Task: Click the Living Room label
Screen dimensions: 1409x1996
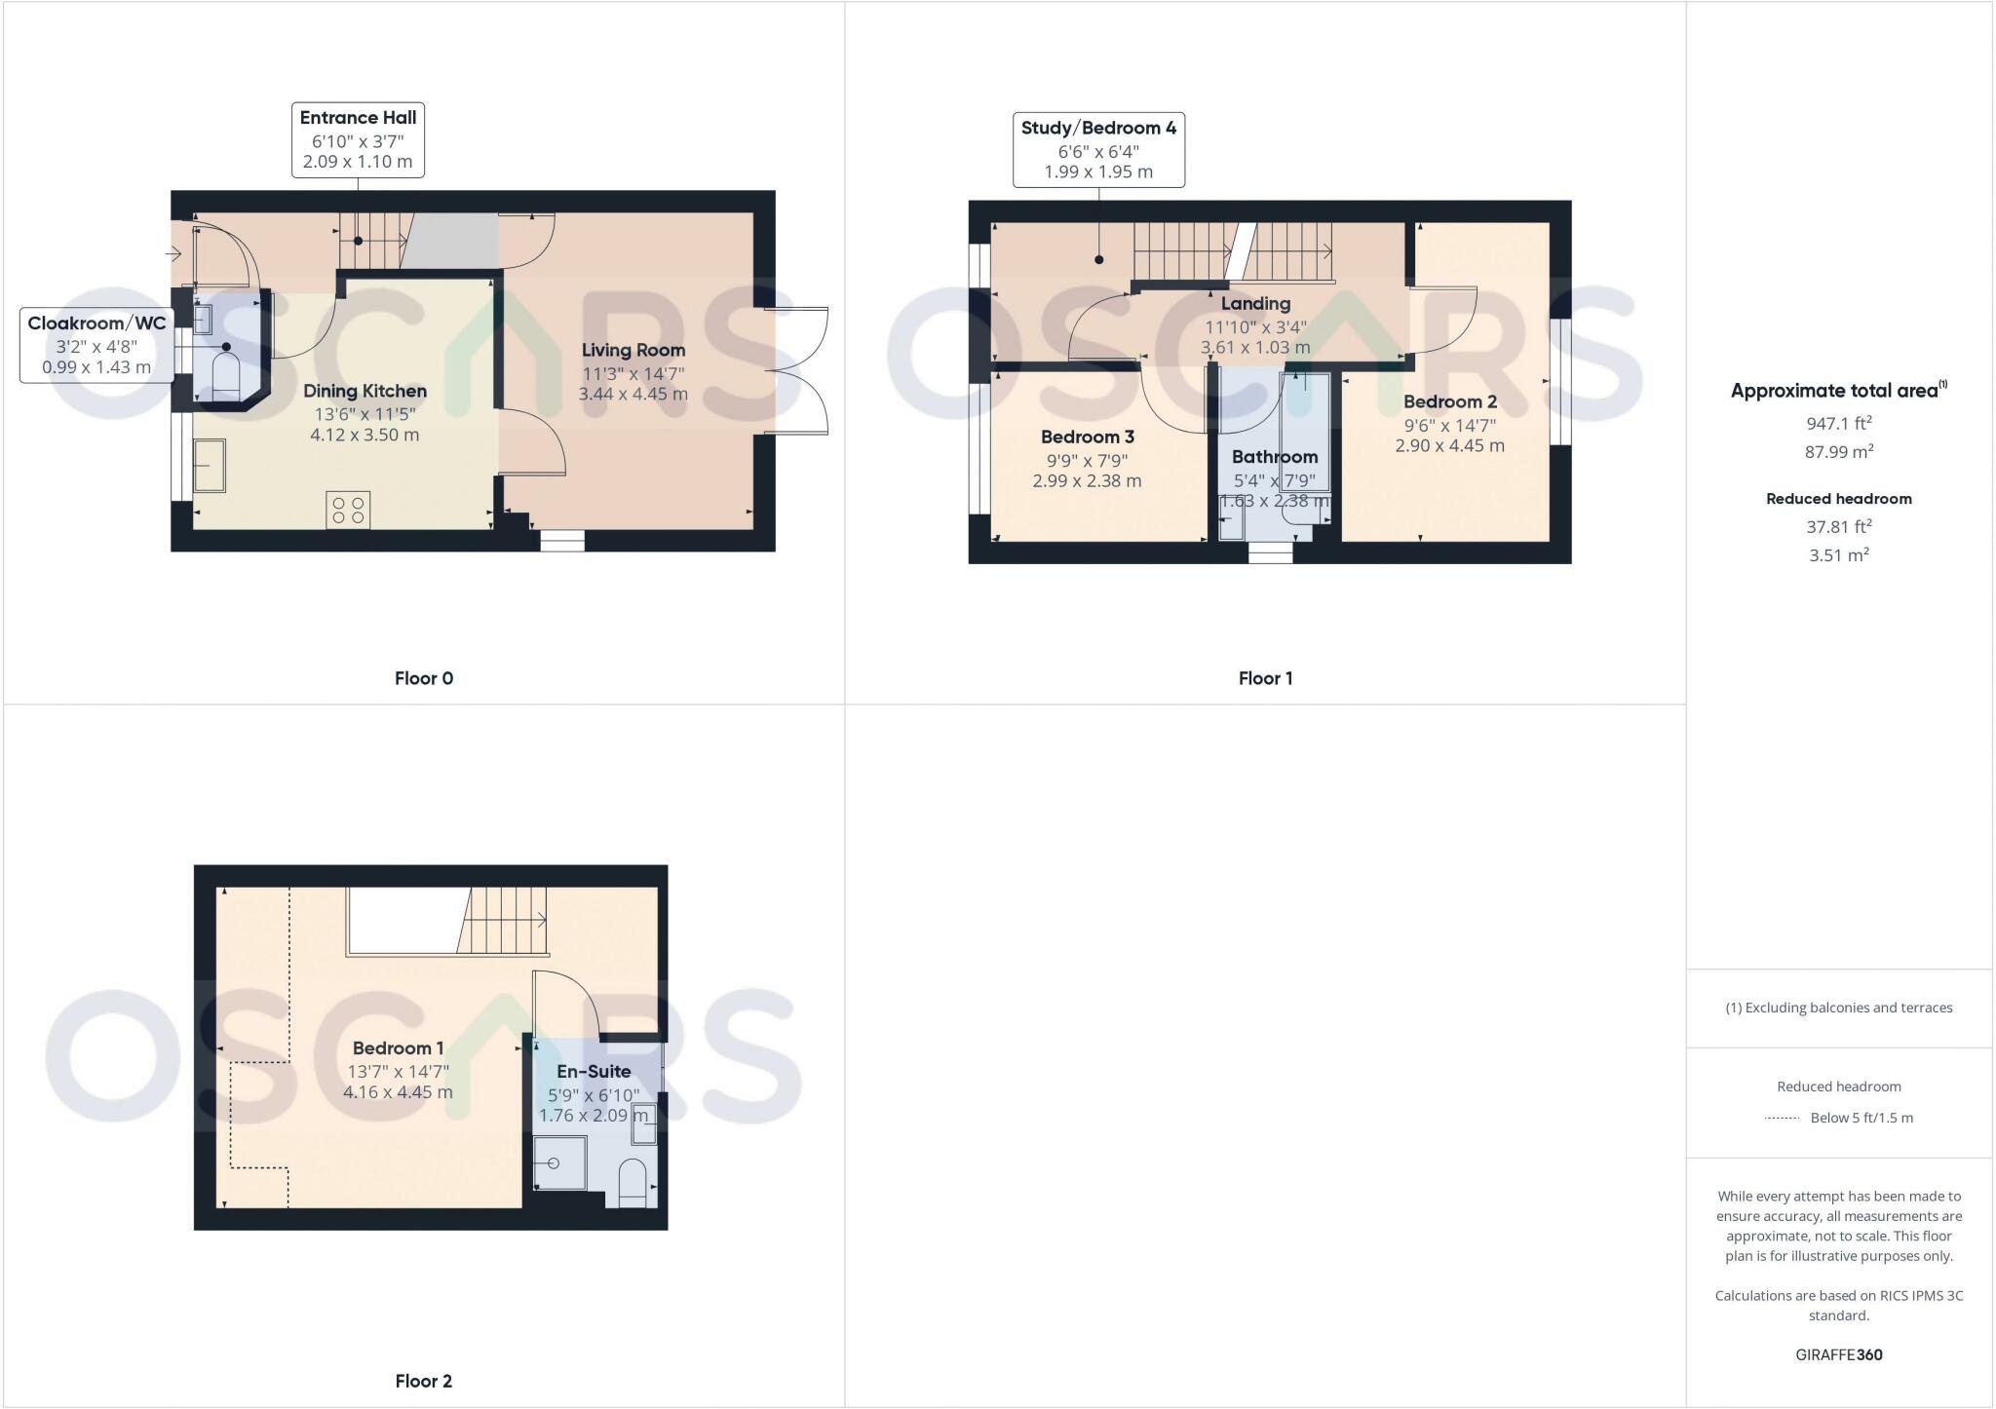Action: tap(633, 351)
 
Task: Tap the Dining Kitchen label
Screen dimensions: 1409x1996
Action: tap(365, 392)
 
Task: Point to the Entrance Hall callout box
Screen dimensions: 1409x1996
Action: tap(358, 140)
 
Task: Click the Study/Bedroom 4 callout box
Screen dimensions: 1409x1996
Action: tap(1098, 150)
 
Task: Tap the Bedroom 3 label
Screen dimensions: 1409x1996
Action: tap(1087, 438)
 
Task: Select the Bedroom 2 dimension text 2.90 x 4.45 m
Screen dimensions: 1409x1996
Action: tap(1449, 446)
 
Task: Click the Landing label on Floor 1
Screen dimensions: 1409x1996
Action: tap(1255, 304)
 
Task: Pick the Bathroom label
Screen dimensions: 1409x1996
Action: tap(1274, 457)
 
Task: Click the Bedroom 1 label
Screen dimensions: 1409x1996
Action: tap(398, 1048)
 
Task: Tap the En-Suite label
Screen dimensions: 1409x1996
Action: tap(594, 1072)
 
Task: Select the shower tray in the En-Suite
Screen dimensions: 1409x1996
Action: tap(560, 1162)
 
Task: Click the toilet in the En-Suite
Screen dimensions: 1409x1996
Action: tap(633, 1182)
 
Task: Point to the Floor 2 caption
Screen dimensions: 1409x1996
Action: tap(424, 1381)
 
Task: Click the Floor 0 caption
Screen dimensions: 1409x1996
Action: tap(424, 678)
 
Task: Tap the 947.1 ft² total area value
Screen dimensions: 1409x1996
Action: tap(1838, 424)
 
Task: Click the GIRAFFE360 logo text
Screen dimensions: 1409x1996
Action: tap(1838, 1354)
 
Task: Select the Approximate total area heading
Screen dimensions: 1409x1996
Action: tap(1838, 391)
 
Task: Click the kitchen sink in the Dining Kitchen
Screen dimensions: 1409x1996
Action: tap(210, 466)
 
